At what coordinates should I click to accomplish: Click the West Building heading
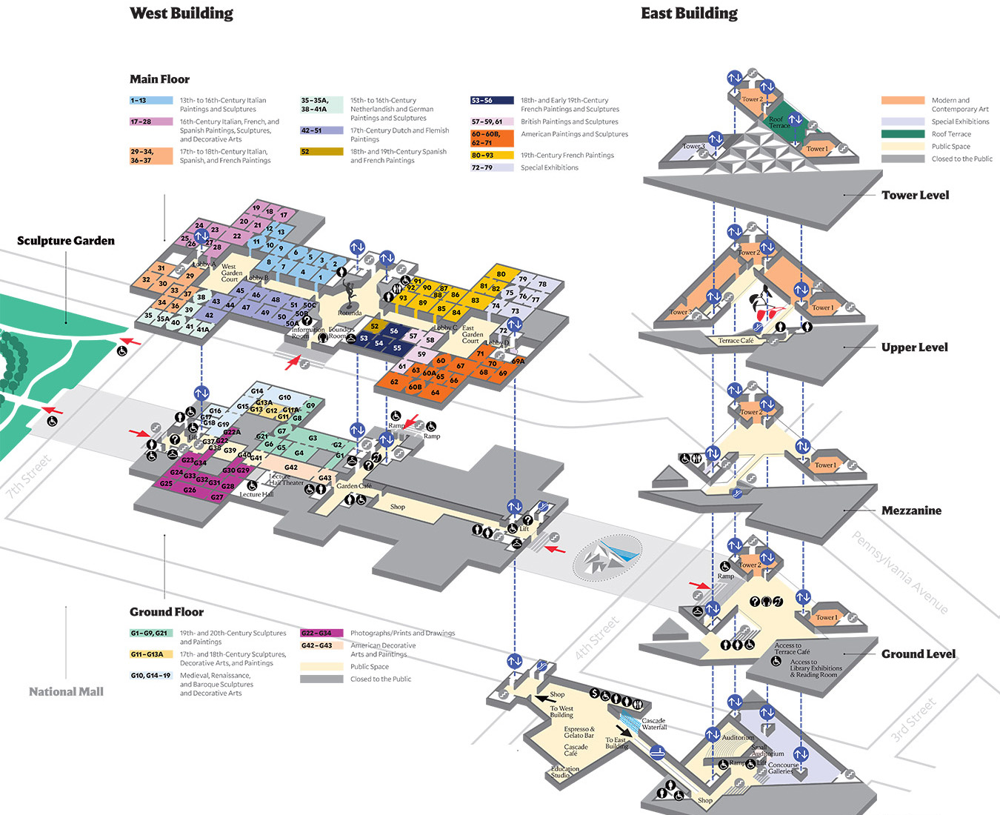181,13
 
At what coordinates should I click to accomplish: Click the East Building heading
689,13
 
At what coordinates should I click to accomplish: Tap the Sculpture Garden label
66,240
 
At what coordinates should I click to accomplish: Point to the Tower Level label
915,195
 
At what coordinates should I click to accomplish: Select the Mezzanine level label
911,510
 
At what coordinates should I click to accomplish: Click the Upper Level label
914,347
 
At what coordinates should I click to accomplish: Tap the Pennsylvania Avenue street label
899,572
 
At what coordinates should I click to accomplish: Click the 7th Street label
29,476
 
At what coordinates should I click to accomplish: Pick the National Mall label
66,691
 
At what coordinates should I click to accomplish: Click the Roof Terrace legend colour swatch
902,134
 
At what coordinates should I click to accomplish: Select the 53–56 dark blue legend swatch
492,100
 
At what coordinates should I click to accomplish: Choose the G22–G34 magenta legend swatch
321,633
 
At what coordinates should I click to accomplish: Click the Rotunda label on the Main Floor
350,313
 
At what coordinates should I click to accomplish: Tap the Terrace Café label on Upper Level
736,341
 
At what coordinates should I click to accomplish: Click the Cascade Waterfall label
653,724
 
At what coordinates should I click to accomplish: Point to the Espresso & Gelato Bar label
579,732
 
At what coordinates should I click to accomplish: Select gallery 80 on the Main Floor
501,274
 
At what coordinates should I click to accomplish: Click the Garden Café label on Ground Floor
354,486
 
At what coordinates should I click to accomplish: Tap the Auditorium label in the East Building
738,737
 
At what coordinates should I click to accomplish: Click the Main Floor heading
159,79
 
